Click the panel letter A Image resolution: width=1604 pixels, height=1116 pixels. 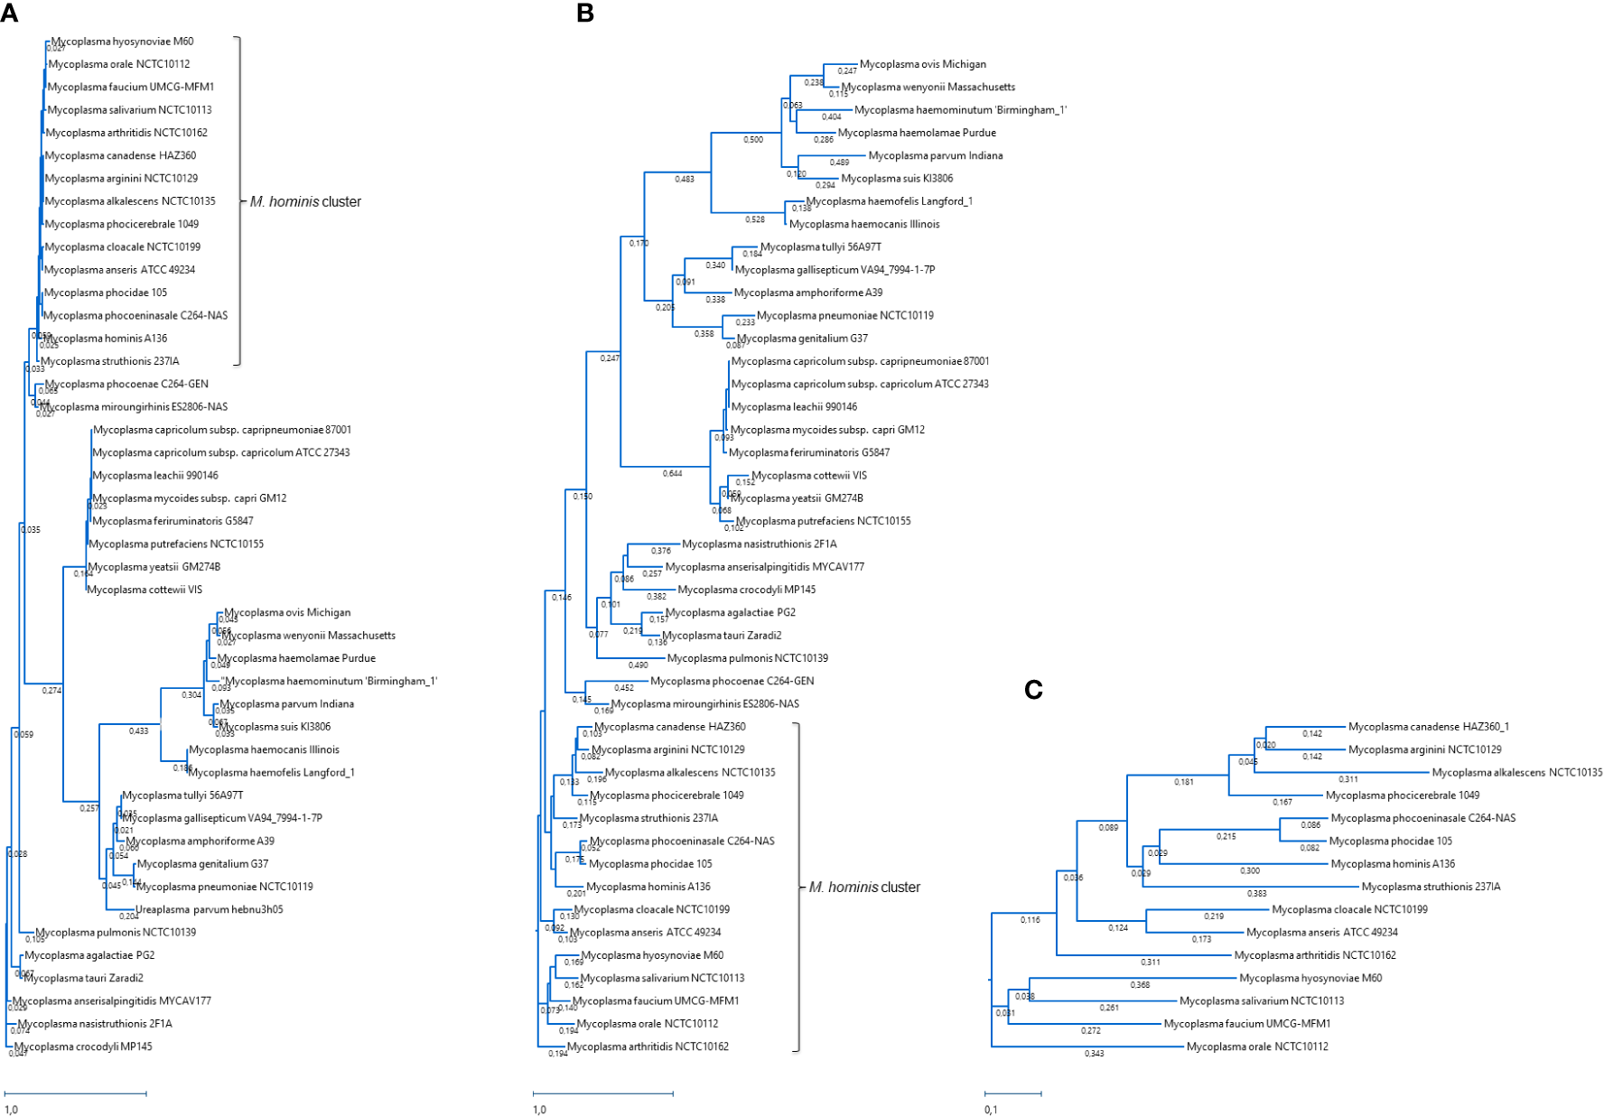pos(10,14)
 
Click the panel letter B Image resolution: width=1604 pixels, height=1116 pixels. pos(585,14)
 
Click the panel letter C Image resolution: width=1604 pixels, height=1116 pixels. pos(1034,690)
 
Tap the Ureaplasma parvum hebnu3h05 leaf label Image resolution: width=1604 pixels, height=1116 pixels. pos(209,909)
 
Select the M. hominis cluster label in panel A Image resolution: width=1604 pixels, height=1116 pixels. pos(305,201)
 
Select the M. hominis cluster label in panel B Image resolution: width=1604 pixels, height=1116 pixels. pos(864,887)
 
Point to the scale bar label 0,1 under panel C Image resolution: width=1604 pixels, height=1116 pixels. pos(991,1110)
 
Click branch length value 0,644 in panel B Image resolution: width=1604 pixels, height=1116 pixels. pos(672,473)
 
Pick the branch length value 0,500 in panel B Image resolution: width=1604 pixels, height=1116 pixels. pos(753,140)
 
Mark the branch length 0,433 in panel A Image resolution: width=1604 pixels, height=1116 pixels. pos(138,731)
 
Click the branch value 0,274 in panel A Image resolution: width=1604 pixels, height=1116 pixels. pos(51,691)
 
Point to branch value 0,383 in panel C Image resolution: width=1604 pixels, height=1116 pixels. pos(1256,894)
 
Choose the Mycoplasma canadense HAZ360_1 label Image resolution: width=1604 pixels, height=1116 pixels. pos(1428,727)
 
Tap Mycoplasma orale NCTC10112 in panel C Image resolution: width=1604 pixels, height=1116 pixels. pos(1257,1046)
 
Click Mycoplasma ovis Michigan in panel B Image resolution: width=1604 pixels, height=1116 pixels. pos(922,64)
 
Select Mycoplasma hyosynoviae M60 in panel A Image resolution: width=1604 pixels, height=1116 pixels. pos(122,42)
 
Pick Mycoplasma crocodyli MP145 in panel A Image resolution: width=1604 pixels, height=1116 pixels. pos(83,1046)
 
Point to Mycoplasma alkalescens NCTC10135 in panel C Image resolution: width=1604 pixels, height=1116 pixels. pos(1516,773)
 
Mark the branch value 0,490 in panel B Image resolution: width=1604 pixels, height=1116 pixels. pos(638,665)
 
